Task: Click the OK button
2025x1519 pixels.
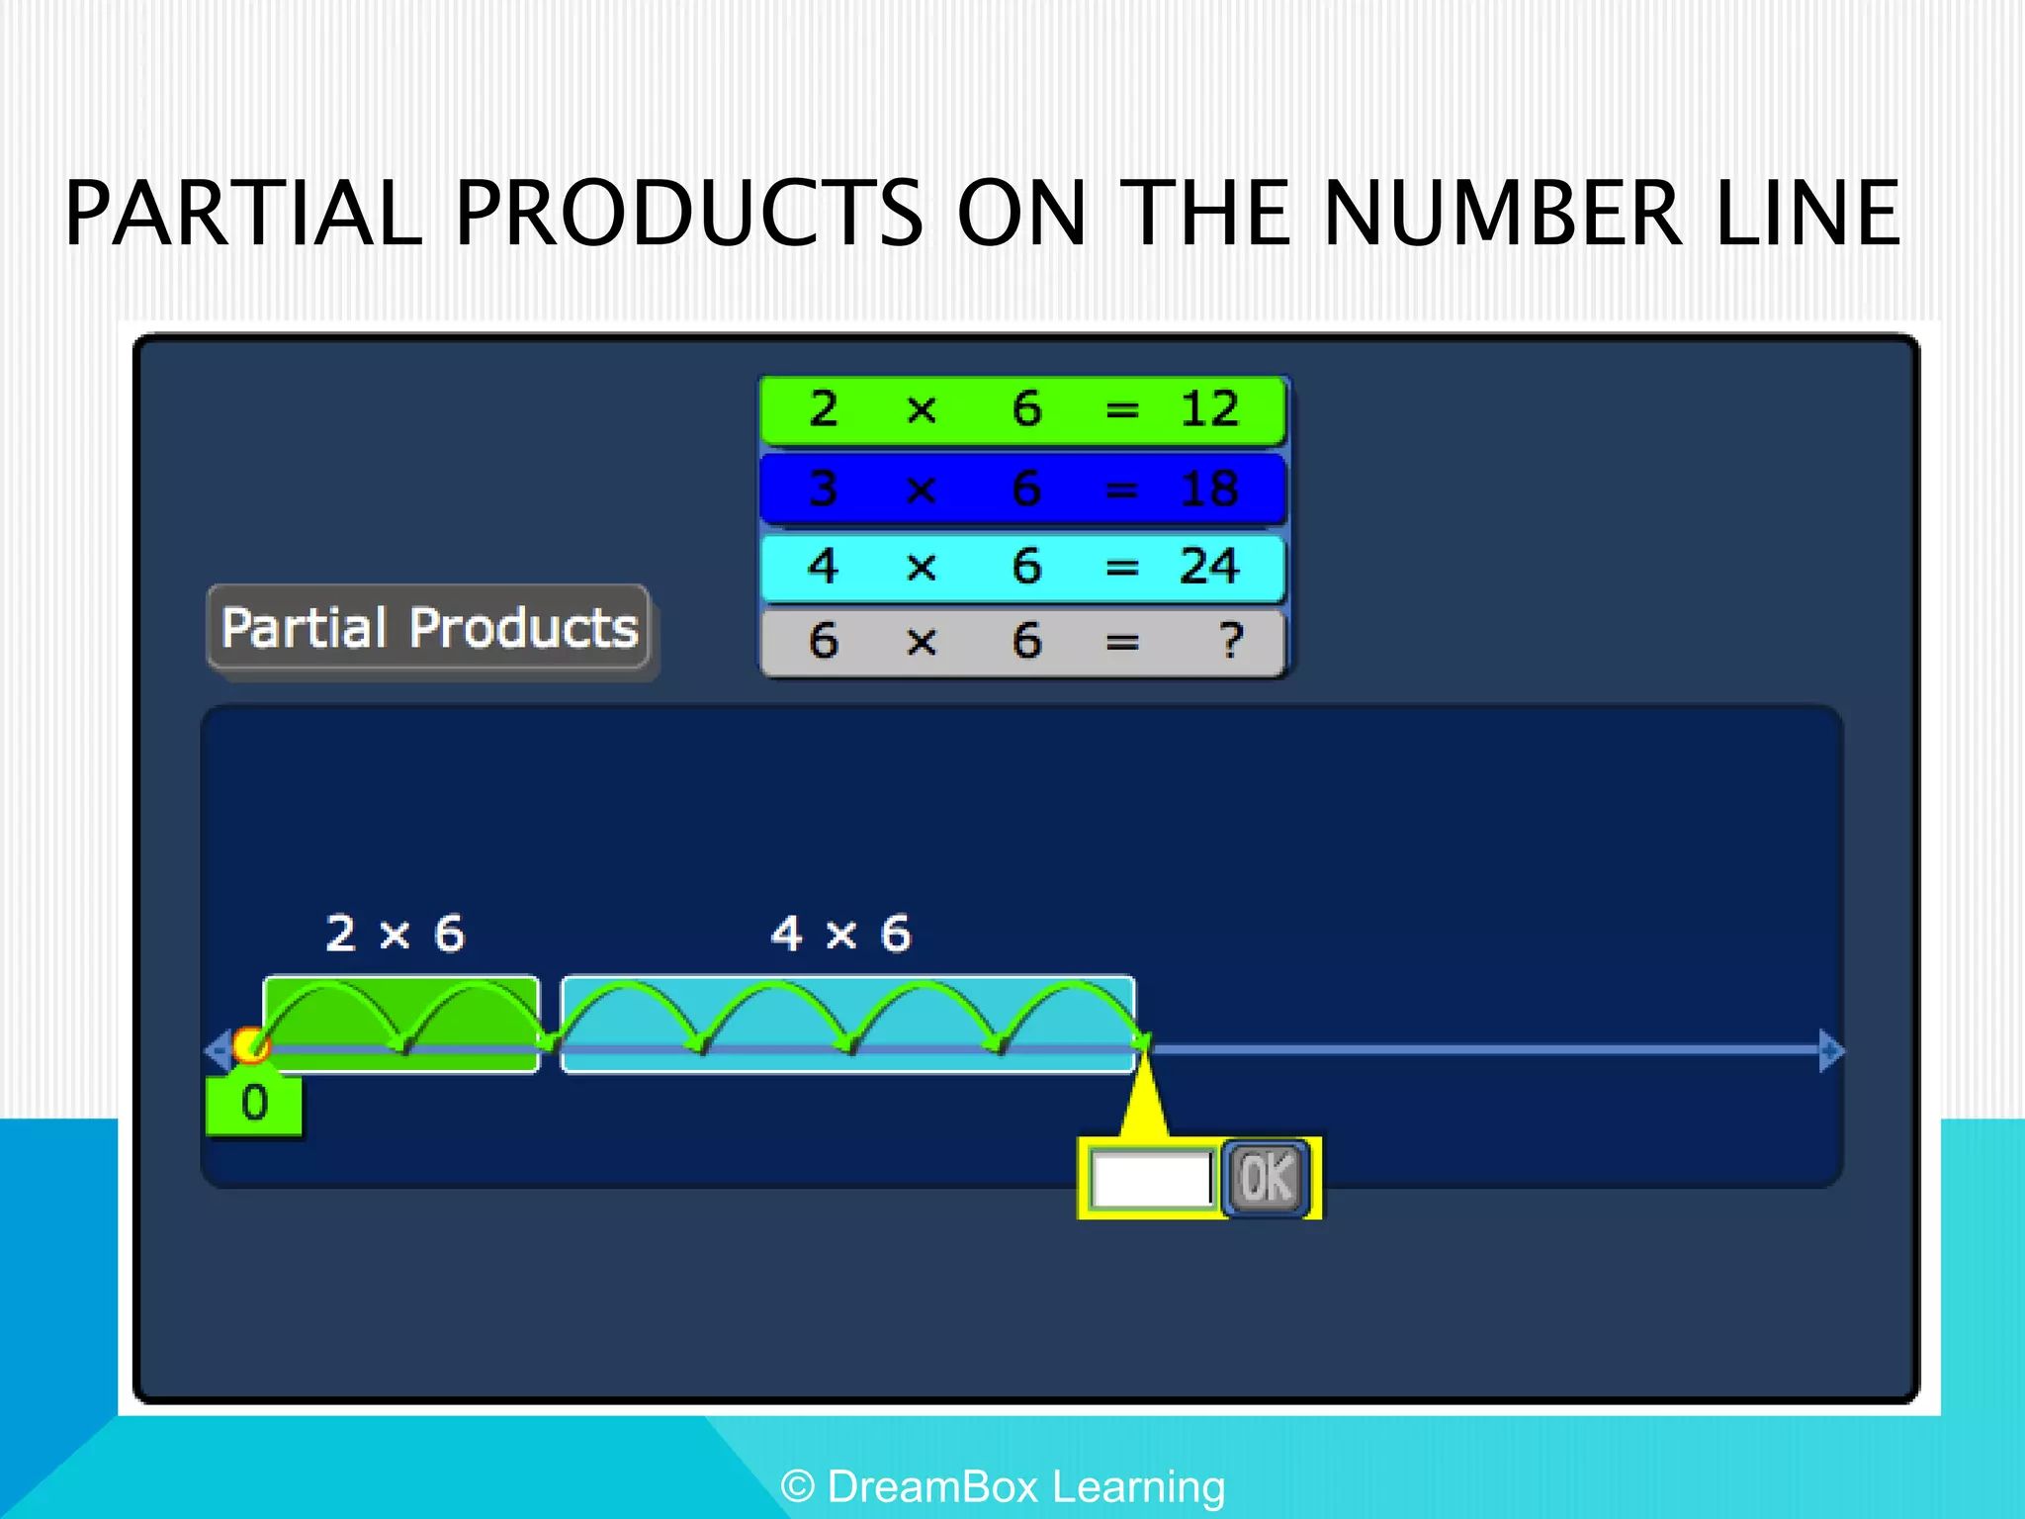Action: pos(1266,1178)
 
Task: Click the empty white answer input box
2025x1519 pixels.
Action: pos(1152,1179)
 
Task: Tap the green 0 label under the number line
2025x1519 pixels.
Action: pos(254,1104)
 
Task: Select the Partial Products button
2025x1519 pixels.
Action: pos(428,628)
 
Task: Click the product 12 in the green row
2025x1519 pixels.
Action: pos(1208,408)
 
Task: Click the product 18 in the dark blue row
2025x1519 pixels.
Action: pos(1208,489)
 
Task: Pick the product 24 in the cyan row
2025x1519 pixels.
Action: pos(1208,567)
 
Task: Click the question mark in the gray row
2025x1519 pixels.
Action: pos(1230,641)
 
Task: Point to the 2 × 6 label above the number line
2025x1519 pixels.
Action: pos(396,934)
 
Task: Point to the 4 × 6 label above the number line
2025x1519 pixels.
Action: pos(841,934)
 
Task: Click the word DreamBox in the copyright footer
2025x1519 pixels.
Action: pos(932,1486)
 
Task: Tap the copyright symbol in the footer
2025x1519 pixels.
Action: pos(798,1486)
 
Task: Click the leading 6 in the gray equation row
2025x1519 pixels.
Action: pos(824,641)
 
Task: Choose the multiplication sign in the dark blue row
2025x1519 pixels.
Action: pos(921,490)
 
